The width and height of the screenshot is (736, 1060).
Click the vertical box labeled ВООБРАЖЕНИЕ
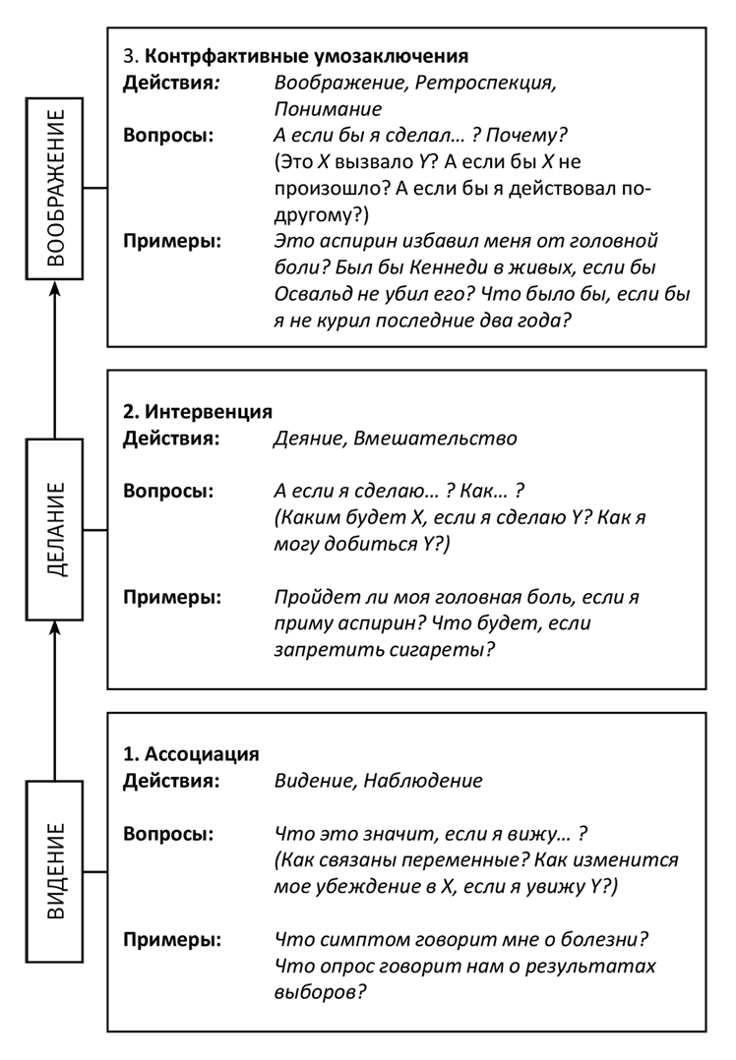point(55,187)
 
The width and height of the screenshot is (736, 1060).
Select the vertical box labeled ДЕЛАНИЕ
point(55,530)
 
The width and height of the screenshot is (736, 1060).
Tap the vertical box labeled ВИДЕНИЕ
point(55,871)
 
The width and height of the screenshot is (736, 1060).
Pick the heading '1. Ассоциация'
point(191,754)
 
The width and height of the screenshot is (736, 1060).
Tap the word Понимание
point(328,108)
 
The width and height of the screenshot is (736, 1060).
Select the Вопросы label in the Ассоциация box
point(168,834)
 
